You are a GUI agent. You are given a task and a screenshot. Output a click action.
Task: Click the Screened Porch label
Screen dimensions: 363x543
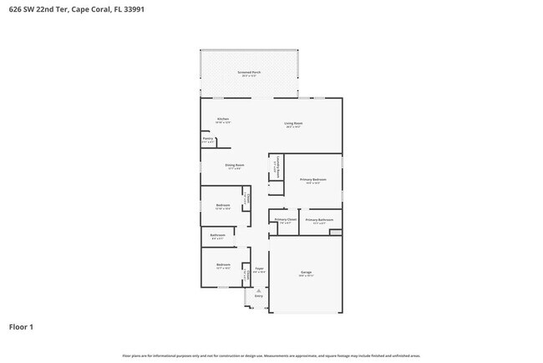click(250, 74)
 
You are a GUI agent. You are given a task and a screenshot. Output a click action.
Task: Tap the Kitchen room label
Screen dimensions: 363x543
click(223, 120)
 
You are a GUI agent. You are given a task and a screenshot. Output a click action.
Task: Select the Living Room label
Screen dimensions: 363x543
click(293, 124)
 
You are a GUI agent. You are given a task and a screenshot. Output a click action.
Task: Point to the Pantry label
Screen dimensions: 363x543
click(208, 140)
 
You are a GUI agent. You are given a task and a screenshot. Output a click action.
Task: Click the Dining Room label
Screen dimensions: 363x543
click(235, 166)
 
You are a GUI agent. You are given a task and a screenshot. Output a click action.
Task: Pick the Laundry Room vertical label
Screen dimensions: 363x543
click(277, 169)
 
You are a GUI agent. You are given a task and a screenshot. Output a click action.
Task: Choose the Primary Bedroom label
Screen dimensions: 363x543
click(313, 180)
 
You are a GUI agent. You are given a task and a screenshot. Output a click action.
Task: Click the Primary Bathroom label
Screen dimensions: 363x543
click(319, 221)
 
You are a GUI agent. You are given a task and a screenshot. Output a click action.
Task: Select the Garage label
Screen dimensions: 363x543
click(306, 273)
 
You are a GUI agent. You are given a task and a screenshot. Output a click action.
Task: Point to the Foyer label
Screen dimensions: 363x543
click(259, 269)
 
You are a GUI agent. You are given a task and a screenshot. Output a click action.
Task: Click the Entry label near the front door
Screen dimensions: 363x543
click(258, 296)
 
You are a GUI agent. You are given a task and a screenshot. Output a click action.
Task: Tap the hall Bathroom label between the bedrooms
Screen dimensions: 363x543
click(218, 237)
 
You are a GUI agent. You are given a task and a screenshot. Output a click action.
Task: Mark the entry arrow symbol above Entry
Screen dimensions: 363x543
click(258, 289)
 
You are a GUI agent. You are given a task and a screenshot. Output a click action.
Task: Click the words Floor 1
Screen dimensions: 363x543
click(22, 327)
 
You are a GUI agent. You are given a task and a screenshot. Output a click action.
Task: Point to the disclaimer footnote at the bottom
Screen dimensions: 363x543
click(271, 355)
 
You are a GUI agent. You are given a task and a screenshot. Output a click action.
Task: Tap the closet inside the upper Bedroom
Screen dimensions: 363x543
click(246, 199)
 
